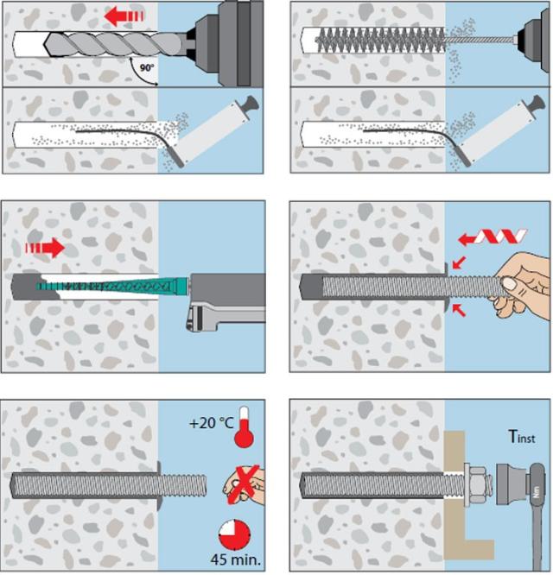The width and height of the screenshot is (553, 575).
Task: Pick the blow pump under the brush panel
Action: (x=501, y=129)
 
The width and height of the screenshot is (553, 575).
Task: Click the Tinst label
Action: (x=521, y=438)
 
